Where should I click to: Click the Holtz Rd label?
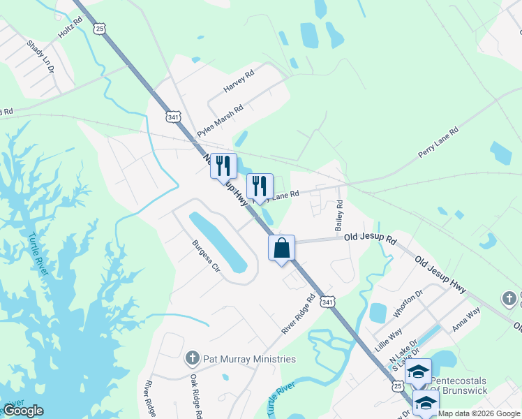click(x=70, y=28)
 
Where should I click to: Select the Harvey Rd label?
click(x=239, y=81)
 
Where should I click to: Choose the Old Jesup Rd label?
click(x=370, y=239)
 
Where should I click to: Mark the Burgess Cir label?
click(x=206, y=257)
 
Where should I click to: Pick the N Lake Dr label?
click(x=403, y=352)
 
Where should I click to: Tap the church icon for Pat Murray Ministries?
click(x=193, y=359)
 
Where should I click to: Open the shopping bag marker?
click(x=282, y=247)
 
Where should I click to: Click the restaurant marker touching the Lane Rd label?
click(x=260, y=186)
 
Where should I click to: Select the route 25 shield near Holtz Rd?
click(x=100, y=29)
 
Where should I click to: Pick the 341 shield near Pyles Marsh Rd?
click(x=174, y=116)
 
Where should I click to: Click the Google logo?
click(x=23, y=410)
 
